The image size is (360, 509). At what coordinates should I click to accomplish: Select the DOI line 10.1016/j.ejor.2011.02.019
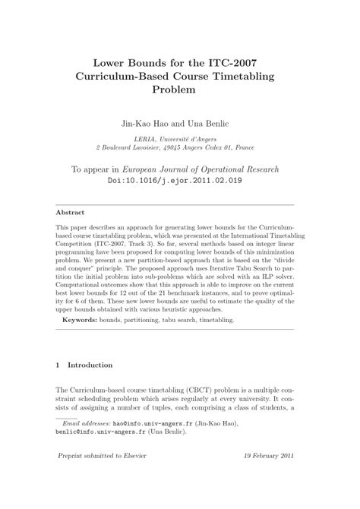click(180, 181)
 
